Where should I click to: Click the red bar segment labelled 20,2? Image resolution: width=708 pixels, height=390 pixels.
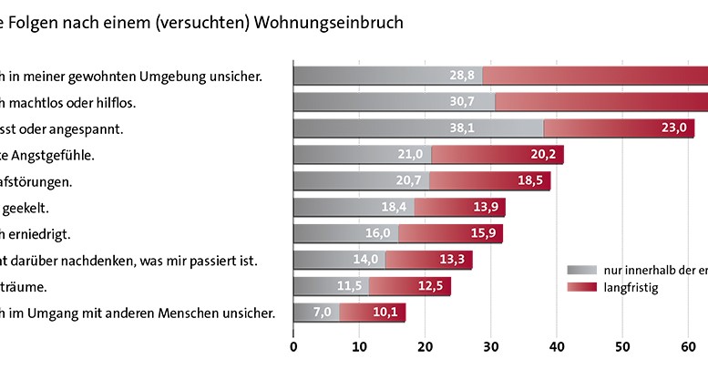point(498,155)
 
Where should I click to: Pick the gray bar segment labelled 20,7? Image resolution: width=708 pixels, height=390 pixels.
point(361,181)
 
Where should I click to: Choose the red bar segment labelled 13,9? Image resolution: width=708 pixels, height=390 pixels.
point(459,208)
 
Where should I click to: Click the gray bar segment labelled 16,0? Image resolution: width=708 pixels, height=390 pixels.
point(346,234)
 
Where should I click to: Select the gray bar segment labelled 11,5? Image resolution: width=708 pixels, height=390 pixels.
point(331,287)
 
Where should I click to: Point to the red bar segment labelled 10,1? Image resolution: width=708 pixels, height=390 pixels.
point(373,313)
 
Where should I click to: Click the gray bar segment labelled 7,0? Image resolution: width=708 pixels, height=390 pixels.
point(316,313)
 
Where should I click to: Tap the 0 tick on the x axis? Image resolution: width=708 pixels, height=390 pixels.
point(293,346)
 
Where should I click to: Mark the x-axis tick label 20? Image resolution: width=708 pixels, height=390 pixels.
point(425,346)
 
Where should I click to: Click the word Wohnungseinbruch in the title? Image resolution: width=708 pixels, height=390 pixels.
point(338,22)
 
